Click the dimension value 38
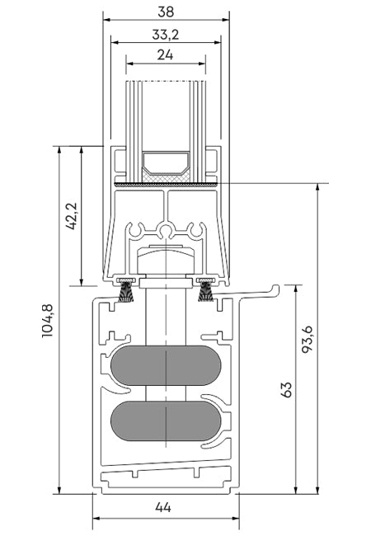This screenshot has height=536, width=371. [166, 12]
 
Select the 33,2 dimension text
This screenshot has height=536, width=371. [166, 35]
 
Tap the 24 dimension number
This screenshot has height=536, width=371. [166, 54]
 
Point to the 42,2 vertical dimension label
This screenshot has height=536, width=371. [72, 216]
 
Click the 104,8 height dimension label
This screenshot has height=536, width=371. [48, 321]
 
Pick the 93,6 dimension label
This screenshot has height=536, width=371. [307, 340]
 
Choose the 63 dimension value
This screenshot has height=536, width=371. [287, 390]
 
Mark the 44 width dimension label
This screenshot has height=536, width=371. [163, 507]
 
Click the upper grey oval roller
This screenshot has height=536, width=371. [166, 365]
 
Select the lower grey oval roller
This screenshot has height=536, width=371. [166, 421]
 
